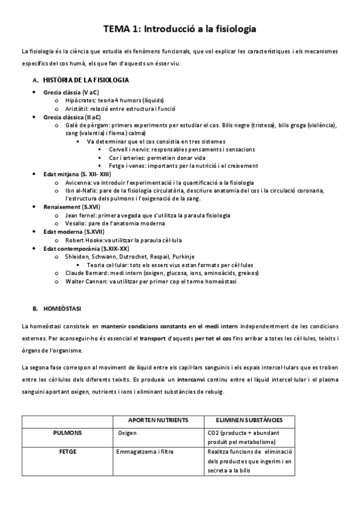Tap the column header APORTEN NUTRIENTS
[159, 419]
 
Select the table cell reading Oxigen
[127, 432]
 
